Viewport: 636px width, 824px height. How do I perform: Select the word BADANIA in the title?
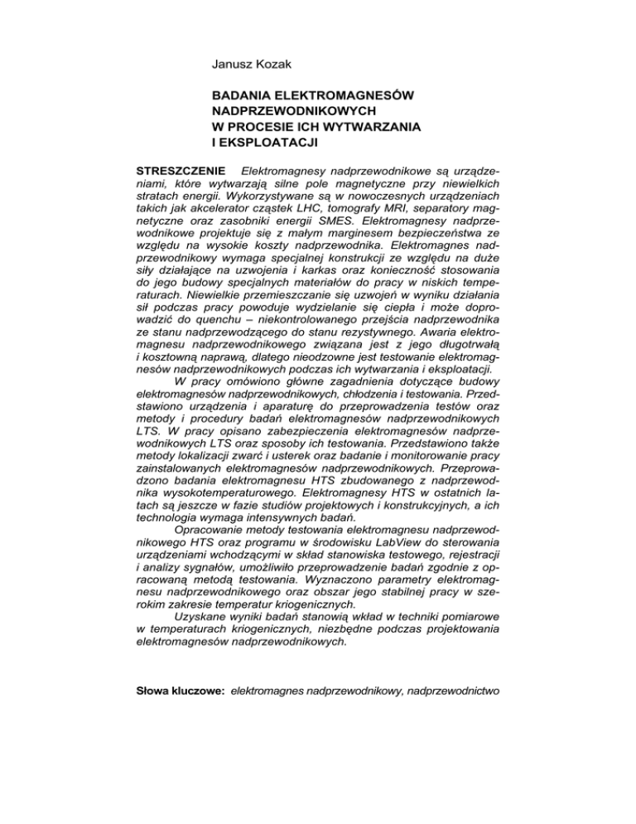click(x=243, y=96)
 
